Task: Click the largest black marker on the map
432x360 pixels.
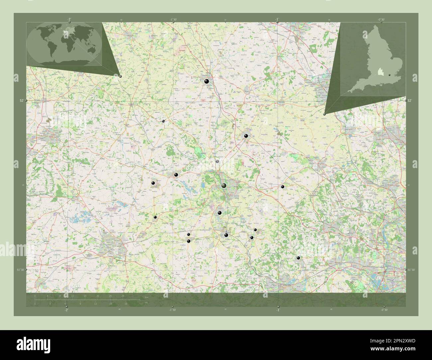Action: (x=224, y=186)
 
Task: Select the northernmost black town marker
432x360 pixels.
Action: (x=207, y=81)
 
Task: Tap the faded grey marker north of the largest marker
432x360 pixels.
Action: (x=217, y=161)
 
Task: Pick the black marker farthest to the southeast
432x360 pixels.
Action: (x=298, y=258)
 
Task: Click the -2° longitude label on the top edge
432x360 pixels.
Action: (x=69, y=19)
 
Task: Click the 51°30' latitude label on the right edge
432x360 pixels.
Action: (x=411, y=270)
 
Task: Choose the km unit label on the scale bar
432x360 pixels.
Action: (x=147, y=297)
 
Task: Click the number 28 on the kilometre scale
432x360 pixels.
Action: (x=123, y=296)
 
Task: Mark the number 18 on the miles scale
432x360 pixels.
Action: (x=126, y=304)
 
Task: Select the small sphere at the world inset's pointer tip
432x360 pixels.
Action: (x=120, y=76)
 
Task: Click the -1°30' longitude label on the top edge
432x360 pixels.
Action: (x=173, y=19)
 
